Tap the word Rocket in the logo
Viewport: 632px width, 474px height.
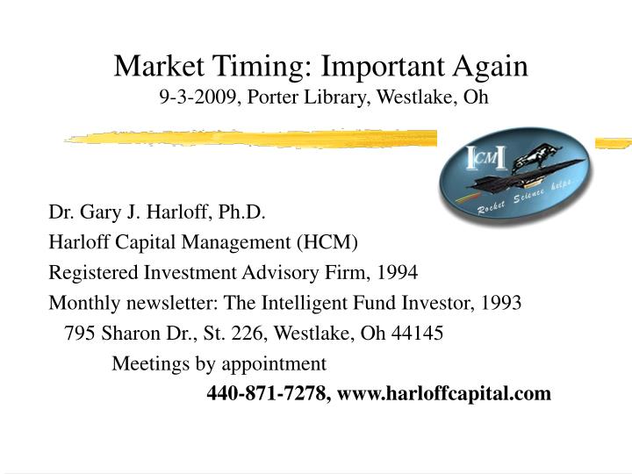(492, 207)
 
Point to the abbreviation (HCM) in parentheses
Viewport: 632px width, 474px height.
(327, 241)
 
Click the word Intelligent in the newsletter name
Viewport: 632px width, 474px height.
(305, 303)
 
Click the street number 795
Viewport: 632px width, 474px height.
(81, 334)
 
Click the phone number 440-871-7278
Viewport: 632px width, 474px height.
(265, 393)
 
